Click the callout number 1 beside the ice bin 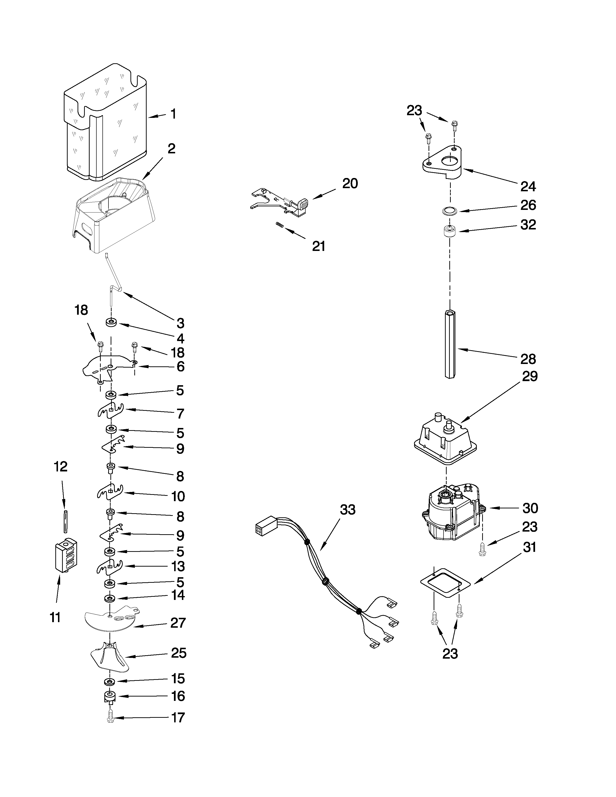tap(173, 114)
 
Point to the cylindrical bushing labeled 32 tap(450, 232)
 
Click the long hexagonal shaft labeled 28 tap(451, 344)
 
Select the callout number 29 tap(530, 376)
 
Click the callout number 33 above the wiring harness tap(347, 510)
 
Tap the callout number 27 tap(178, 623)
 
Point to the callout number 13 tap(178, 566)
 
